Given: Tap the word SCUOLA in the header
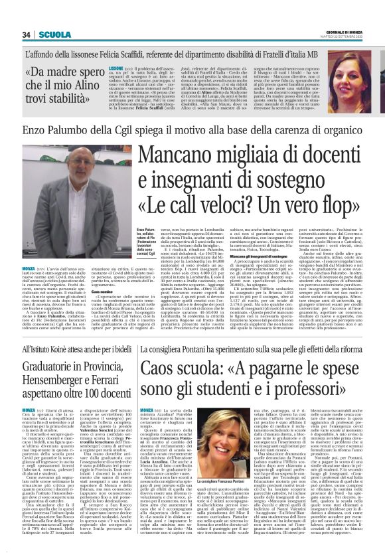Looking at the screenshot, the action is [x=52, y=34].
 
